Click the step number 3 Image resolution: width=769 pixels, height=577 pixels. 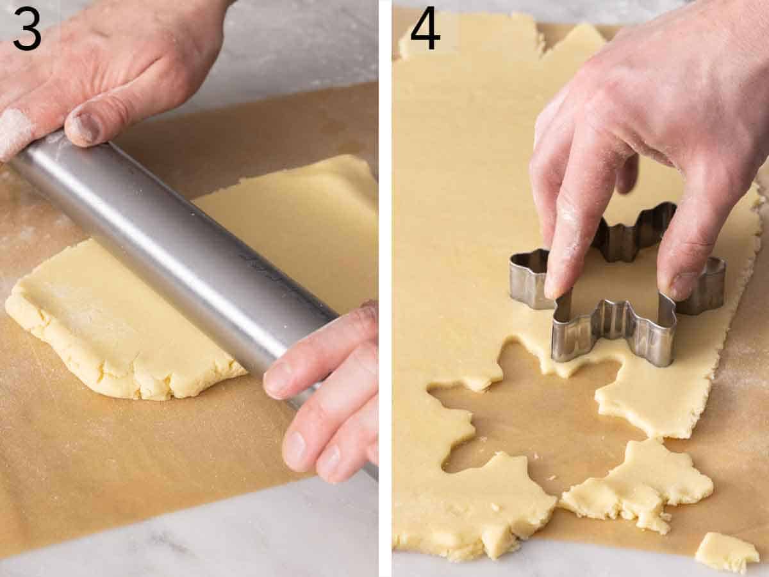(x=27, y=29)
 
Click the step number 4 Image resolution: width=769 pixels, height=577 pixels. (x=425, y=29)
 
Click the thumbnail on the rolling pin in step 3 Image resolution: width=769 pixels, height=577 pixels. (x=85, y=127)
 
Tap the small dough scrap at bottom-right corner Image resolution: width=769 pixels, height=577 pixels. (x=726, y=552)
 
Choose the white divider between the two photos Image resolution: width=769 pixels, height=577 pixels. (x=384, y=288)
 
